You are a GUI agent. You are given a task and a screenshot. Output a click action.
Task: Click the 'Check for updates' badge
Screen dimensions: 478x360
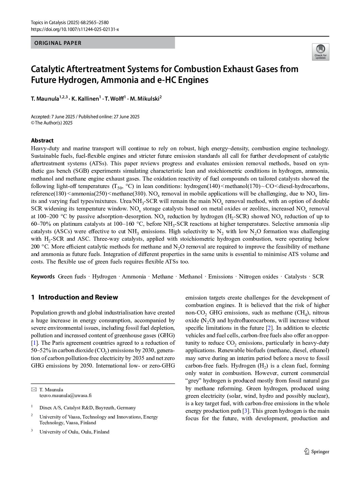click(320, 52)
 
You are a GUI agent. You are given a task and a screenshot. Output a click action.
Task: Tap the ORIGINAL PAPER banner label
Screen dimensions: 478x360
click(56, 43)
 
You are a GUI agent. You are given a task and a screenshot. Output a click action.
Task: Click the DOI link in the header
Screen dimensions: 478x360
click(75, 29)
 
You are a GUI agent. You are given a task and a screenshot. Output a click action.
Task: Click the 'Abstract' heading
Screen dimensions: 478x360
click(42, 140)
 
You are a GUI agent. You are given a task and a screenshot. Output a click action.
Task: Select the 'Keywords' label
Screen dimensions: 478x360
click(43, 276)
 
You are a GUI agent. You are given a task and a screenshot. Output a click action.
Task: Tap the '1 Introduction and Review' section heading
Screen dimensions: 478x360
click(75, 297)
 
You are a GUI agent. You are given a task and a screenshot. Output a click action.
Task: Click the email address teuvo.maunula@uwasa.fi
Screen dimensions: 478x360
click(65, 395)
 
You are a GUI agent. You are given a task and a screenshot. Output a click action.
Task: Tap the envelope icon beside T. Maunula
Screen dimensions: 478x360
click(33, 390)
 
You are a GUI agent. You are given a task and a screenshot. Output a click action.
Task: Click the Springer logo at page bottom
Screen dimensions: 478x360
click(316, 451)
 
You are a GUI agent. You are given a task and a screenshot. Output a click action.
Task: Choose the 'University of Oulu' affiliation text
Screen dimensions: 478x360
click(74, 432)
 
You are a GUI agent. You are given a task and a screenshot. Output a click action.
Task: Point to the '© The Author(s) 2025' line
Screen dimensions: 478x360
click(52, 123)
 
